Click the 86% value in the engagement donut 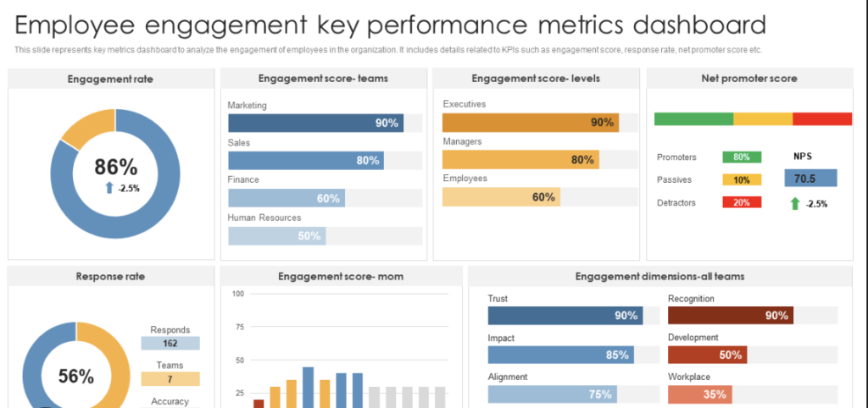click(x=115, y=167)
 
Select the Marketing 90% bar click(x=315, y=123)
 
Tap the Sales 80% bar click(x=305, y=160)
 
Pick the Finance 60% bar click(x=286, y=198)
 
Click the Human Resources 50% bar click(x=276, y=236)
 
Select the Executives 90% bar click(x=530, y=122)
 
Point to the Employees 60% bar click(x=501, y=197)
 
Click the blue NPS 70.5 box click(x=810, y=179)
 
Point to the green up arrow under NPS click(x=794, y=203)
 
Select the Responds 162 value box click(x=170, y=344)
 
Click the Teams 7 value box click(x=170, y=379)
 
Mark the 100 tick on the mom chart click(x=237, y=294)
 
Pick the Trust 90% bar click(x=565, y=316)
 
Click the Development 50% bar click(x=707, y=355)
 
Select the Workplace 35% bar click(x=699, y=394)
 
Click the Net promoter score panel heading click(x=748, y=79)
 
